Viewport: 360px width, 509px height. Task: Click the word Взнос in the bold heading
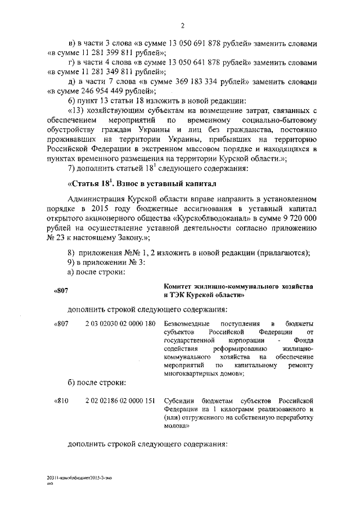point(132,183)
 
